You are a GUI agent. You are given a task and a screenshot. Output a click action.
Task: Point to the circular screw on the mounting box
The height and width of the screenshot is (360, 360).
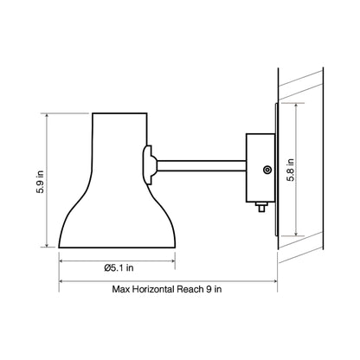pos(267,170)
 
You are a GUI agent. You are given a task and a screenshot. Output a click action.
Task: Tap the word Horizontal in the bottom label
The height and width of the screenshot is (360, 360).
pos(155,290)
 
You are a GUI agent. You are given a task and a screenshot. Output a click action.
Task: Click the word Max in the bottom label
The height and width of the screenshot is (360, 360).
pos(123,290)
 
